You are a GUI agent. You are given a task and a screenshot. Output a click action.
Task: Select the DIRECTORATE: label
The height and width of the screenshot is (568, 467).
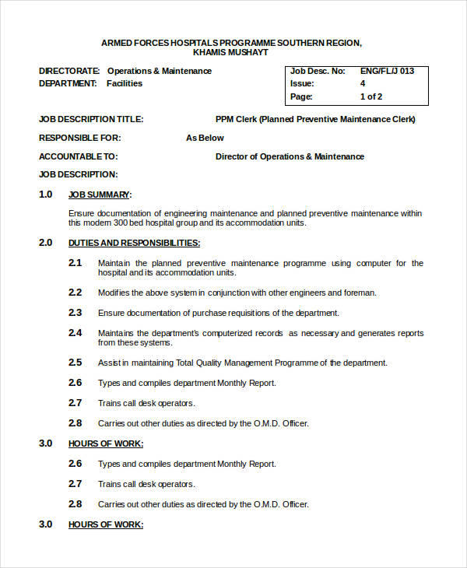69,71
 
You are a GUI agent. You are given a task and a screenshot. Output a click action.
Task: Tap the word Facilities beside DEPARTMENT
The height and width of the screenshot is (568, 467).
125,83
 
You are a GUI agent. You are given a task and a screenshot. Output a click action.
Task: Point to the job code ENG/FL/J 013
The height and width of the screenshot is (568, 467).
387,71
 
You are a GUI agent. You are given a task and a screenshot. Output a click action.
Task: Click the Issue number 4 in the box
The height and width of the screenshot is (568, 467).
363,83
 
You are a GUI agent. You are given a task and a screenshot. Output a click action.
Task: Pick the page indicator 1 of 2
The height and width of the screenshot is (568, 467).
371,97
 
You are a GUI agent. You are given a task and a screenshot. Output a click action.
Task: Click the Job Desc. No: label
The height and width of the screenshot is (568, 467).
317,71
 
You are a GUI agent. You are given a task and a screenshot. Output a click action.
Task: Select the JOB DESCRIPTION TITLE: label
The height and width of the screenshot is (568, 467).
91,119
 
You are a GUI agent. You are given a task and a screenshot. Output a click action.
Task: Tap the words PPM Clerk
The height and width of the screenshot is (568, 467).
236,119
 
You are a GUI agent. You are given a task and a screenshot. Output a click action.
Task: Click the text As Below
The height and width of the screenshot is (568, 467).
205,138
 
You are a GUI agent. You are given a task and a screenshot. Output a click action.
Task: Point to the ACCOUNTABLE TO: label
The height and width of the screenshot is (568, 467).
78,156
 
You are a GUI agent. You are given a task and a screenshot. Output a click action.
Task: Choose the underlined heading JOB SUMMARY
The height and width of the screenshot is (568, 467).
100,195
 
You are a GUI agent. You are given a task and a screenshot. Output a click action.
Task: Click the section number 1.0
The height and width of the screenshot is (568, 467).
46,195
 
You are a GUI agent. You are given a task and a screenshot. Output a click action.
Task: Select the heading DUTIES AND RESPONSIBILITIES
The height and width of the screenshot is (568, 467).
134,243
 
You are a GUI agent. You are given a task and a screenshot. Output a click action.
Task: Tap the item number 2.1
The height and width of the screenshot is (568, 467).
75,263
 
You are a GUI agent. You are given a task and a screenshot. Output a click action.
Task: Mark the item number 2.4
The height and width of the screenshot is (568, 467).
75,333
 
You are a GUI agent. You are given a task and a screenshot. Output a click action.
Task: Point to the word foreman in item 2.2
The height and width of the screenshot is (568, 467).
360,293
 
